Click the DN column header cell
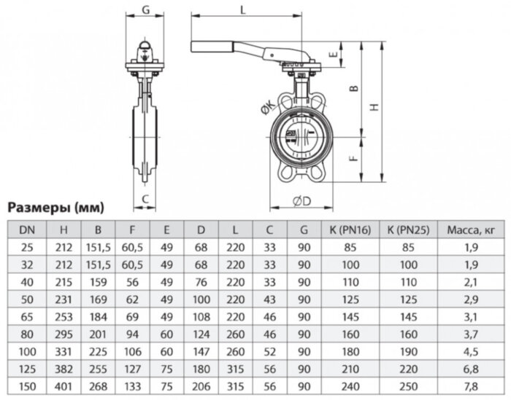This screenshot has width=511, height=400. point(26,230)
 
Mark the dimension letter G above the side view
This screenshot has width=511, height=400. point(145,9)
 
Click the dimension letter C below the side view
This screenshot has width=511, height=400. point(145,198)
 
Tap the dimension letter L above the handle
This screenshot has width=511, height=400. point(242,9)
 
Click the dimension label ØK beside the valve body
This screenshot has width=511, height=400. point(266,110)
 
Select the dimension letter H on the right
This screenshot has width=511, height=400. point(375,106)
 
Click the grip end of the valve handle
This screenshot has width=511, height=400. point(208,48)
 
